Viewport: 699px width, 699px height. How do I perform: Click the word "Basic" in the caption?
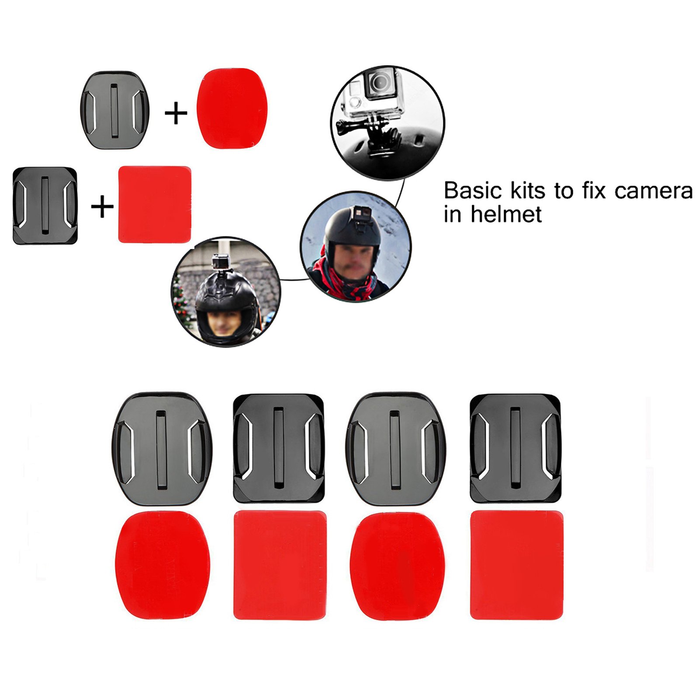click(473, 191)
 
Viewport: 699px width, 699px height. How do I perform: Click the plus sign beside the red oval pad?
click(176, 113)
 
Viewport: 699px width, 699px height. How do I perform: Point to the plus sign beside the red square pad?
click(102, 206)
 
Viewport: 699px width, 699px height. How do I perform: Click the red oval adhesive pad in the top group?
click(232, 108)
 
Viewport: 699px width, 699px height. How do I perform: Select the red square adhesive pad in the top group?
click(155, 204)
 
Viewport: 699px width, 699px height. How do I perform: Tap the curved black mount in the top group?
click(114, 110)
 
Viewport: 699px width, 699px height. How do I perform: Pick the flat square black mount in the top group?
click(45, 205)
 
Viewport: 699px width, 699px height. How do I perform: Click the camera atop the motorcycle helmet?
click(221, 261)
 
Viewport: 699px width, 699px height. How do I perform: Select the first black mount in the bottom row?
click(162, 449)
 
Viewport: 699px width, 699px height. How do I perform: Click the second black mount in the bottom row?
click(279, 449)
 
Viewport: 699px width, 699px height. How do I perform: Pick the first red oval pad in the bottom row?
click(163, 565)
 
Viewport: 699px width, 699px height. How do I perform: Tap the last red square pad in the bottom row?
click(516, 565)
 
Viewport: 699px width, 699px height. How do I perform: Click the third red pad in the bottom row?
click(398, 566)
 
